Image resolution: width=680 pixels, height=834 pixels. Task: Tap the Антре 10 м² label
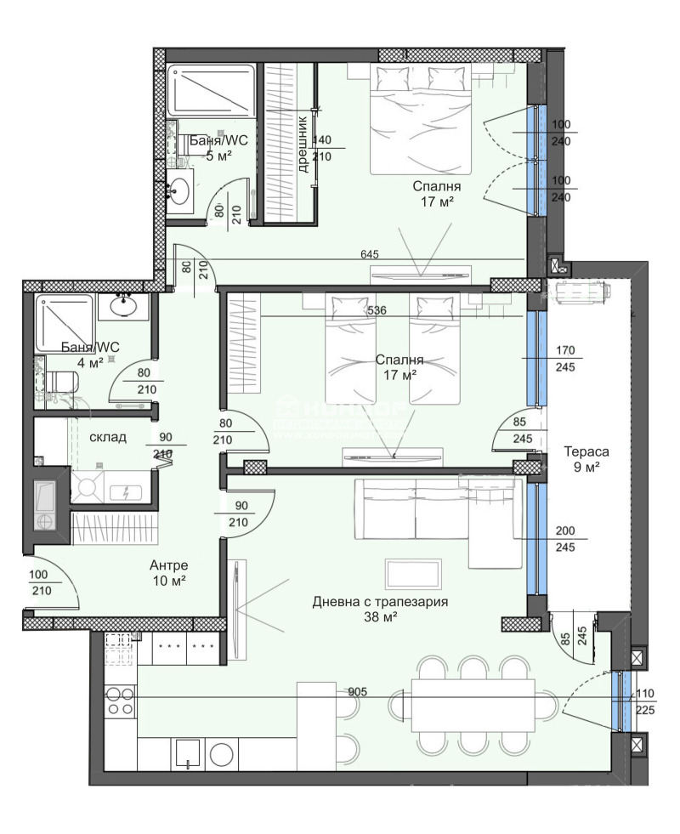click(168, 572)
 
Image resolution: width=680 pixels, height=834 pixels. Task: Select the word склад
click(108, 437)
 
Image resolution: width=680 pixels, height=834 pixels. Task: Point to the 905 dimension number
click(358, 692)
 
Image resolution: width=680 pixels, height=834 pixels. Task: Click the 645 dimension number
click(369, 254)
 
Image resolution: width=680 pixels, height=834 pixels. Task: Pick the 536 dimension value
click(377, 311)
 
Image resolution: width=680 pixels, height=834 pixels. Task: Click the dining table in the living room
click(473, 704)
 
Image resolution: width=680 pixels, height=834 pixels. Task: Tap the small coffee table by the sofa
click(412, 572)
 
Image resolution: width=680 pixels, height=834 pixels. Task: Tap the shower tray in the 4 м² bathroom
click(60, 324)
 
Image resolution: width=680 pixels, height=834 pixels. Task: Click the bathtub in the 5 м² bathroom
click(209, 91)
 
